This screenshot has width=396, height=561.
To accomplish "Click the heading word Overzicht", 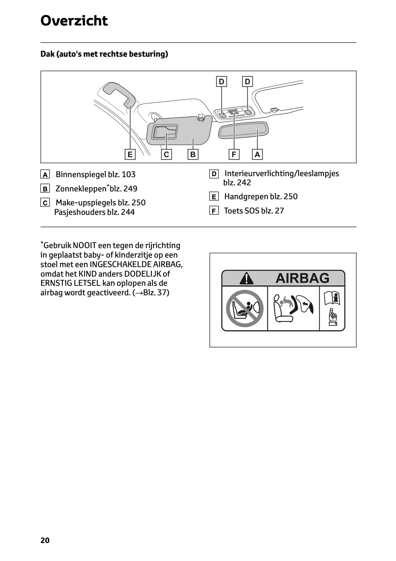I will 74,21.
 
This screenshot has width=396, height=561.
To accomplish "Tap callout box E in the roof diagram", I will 130,154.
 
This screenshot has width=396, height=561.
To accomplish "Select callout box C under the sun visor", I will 166,154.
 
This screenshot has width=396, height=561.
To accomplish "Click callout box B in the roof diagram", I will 193,154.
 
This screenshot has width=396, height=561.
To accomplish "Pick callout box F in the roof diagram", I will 234,154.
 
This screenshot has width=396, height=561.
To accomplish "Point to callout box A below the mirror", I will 257,154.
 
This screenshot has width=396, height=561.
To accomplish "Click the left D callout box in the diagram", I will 222,81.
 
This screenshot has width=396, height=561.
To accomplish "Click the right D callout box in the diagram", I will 247,81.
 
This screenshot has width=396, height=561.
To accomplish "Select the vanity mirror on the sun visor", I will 165,132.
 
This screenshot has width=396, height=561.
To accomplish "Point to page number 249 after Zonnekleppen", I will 130,189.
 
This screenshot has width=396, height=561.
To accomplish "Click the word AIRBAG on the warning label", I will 302,278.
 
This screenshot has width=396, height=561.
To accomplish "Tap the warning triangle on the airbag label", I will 246,278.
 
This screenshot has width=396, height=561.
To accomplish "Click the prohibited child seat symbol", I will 245,308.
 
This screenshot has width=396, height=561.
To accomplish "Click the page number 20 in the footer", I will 45,540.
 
